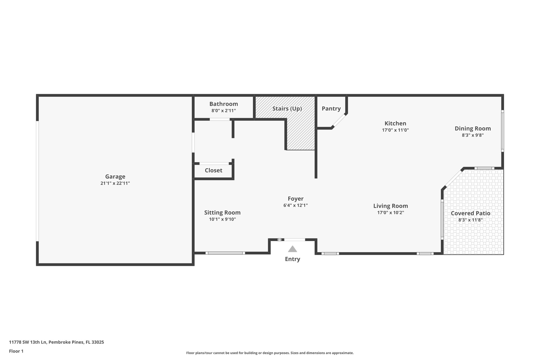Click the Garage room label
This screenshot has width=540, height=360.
(x=115, y=177)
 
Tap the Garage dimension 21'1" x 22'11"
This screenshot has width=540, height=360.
(x=115, y=183)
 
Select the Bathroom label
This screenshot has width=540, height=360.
(x=224, y=104)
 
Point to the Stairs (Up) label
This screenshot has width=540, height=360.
(x=287, y=109)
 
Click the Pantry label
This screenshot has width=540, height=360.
(x=331, y=108)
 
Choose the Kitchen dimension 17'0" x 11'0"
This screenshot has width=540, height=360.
(x=395, y=130)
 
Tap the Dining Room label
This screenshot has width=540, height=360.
(x=473, y=128)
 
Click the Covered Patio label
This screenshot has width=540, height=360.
(x=470, y=213)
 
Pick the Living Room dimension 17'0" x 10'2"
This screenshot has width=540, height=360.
(x=390, y=213)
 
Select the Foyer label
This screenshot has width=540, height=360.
(x=296, y=199)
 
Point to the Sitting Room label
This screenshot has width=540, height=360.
(x=222, y=213)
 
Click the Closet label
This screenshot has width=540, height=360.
(x=214, y=170)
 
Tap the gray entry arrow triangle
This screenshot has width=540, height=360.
(x=292, y=249)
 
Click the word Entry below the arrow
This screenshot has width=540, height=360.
(x=292, y=259)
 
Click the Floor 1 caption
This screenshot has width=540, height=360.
(x=16, y=351)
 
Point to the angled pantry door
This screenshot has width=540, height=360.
(x=339, y=121)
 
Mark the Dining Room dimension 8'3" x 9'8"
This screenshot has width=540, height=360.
(x=472, y=135)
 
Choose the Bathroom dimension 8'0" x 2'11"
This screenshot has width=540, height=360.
(x=224, y=111)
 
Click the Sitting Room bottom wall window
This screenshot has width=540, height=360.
(x=225, y=253)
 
